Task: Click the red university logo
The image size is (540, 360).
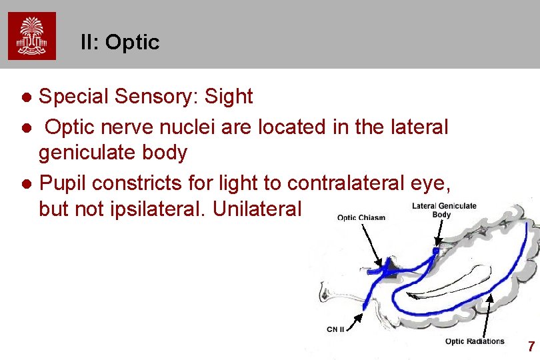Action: (x=32, y=35)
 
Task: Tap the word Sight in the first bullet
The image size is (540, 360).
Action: (x=229, y=97)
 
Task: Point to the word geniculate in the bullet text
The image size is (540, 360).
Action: (x=83, y=153)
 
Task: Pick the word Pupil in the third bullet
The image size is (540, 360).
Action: (x=63, y=181)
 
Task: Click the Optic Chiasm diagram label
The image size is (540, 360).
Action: (x=361, y=217)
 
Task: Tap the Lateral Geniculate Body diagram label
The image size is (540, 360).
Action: (x=443, y=209)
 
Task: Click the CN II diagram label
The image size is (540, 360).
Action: (x=335, y=329)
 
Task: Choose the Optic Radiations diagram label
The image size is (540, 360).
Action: (x=475, y=341)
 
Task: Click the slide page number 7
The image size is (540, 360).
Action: (x=531, y=347)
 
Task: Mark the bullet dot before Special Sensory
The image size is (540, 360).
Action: (x=26, y=97)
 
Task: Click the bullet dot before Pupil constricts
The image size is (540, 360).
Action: (x=26, y=182)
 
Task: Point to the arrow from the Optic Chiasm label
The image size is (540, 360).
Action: (x=371, y=243)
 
